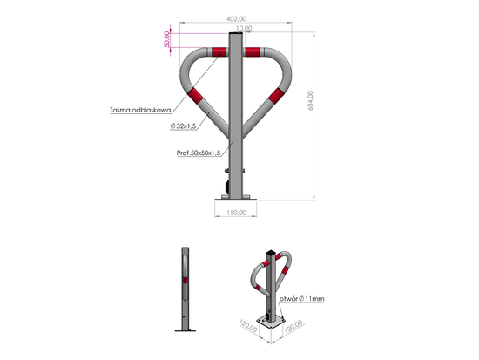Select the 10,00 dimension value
click(243, 29)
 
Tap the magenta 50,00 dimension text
click(167, 40)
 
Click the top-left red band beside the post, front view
click(218, 52)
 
